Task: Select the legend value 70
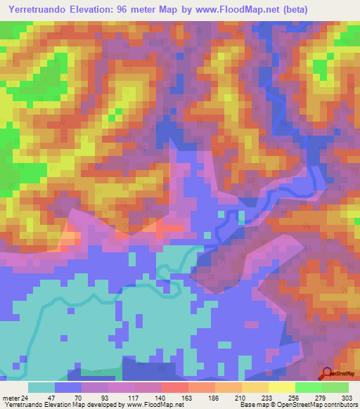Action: [x=69, y=398]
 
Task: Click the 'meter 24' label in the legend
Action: [x=15, y=398]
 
